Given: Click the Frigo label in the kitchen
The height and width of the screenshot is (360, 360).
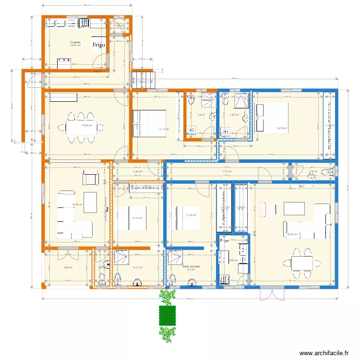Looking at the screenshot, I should coord(99,44).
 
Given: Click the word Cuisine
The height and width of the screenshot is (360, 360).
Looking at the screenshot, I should coord(75,42).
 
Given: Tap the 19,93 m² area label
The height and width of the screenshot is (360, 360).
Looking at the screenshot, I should coord(86,126).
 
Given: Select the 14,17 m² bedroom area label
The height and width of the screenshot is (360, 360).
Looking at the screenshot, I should coord(164,129).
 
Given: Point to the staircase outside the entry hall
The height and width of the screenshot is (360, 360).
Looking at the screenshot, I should coord(144,78).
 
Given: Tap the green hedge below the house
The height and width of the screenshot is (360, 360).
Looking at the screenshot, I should coord(167,315).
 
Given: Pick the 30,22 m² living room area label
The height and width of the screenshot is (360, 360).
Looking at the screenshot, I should coord(292,234).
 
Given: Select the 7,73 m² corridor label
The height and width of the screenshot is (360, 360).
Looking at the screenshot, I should coord(227,171).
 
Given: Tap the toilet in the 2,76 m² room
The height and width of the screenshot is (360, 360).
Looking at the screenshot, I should coord(327,172).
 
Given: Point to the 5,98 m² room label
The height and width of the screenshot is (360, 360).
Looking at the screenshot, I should coord(68,267).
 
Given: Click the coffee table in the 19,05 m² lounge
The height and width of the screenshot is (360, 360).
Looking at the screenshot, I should coord(90,199).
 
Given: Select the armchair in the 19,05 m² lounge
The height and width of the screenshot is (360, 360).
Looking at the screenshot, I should coord(90,178).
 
